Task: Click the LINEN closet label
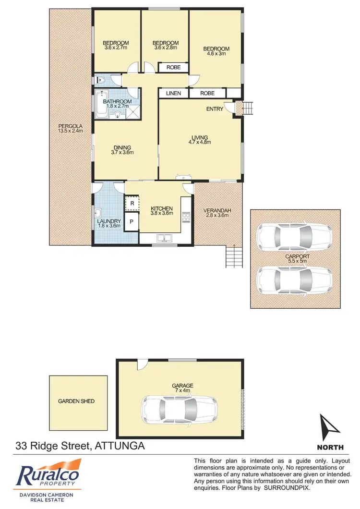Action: (173, 93)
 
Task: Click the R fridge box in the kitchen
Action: (132, 204)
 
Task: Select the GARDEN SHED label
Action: (76, 401)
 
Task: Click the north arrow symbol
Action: (330, 428)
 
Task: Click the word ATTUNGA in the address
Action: (119, 446)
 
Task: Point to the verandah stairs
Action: (231, 255)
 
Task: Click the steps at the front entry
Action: (248, 109)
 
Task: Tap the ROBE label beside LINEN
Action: (207, 93)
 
